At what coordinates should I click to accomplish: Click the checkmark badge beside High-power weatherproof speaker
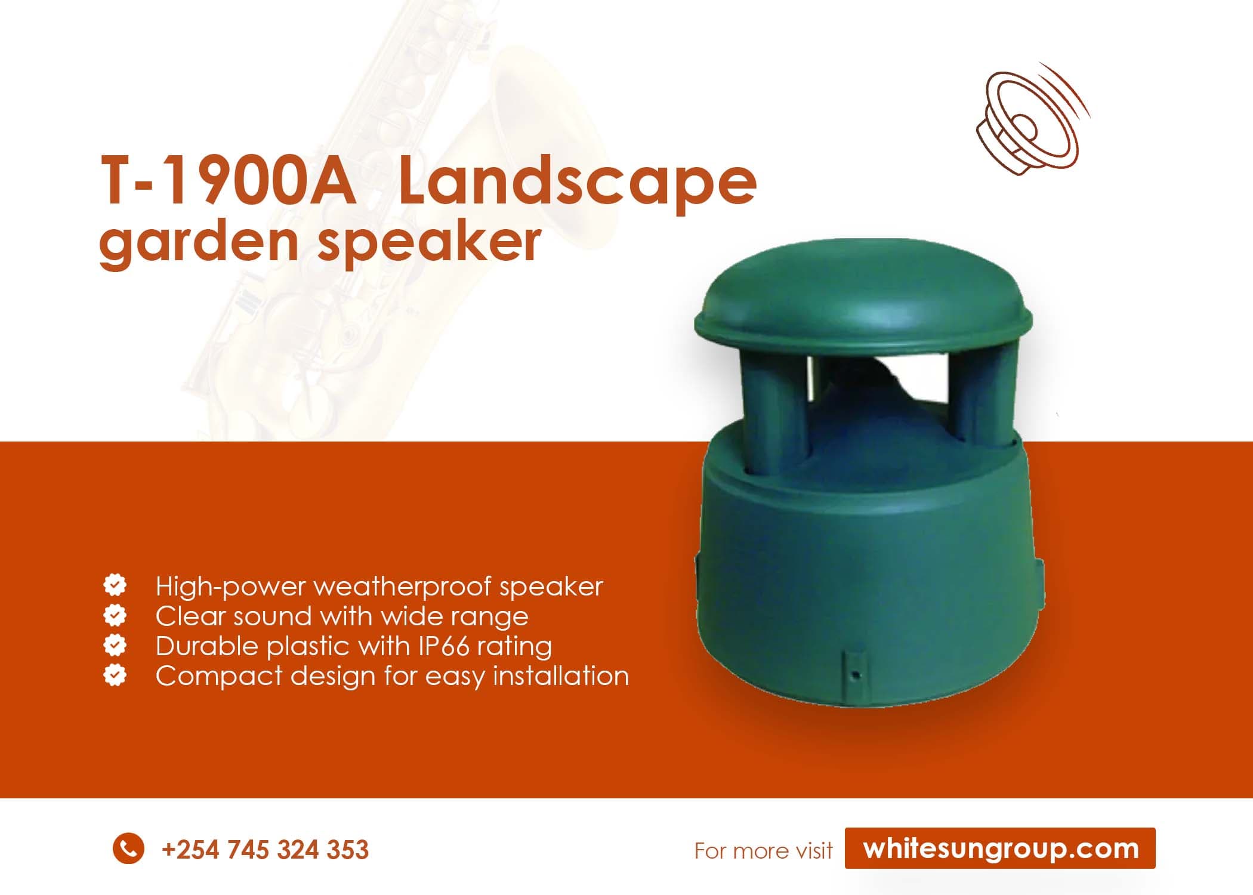tap(115, 585)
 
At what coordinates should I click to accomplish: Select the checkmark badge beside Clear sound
tap(115, 615)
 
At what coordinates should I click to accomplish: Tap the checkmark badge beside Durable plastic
tap(115, 645)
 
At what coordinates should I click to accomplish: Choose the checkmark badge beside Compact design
tap(115, 675)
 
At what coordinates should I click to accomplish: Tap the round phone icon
tap(128, 848)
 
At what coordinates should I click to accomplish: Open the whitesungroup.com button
tap(1000, 848)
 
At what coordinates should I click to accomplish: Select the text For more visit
tap(763, 850)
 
